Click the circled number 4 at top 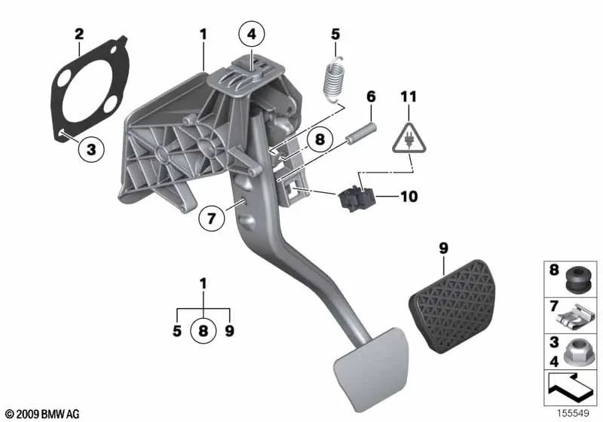click(x=252, y=34)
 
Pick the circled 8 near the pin click(x=319, y=139)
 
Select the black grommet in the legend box click(x=576, y=279)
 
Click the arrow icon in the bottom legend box click(x=571, y=391)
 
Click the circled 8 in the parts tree click(x=201, y=330)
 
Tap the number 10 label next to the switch click(x=408, y=197)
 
